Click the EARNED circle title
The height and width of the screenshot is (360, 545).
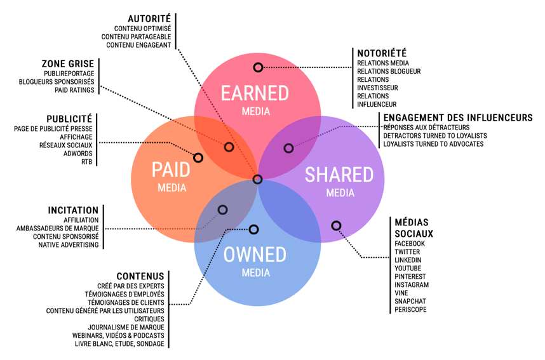(255, 93)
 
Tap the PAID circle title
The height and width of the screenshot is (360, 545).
(171, 170)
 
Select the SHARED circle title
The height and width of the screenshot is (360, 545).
(339, 175)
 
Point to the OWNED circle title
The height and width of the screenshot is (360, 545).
(255, 255)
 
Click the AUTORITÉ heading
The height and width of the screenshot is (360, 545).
(149, 19)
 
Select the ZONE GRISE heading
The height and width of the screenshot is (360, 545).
(68, 63)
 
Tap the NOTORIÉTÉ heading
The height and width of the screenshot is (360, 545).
(382, 53)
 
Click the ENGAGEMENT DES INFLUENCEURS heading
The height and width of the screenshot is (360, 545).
(458, 118)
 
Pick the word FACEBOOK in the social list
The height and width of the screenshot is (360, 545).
(410, 244)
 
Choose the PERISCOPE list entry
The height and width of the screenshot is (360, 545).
(410, 310)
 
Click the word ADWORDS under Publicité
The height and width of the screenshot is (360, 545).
(78, 154)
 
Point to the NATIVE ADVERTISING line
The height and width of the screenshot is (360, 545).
(69, 245)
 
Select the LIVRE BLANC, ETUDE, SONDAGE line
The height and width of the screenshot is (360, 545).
(119, 343)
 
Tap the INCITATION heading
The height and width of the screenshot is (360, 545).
(73, 210)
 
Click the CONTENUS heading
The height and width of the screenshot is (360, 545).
(140, 276)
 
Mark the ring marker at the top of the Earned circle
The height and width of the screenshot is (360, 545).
(258, 67)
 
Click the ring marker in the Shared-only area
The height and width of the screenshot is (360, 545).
(336, 225)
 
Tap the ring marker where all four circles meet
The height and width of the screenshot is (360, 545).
(257, 180)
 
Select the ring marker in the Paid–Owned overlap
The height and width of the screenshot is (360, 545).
(222, 210)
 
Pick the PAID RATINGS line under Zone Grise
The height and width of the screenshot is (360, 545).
(74, 90)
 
